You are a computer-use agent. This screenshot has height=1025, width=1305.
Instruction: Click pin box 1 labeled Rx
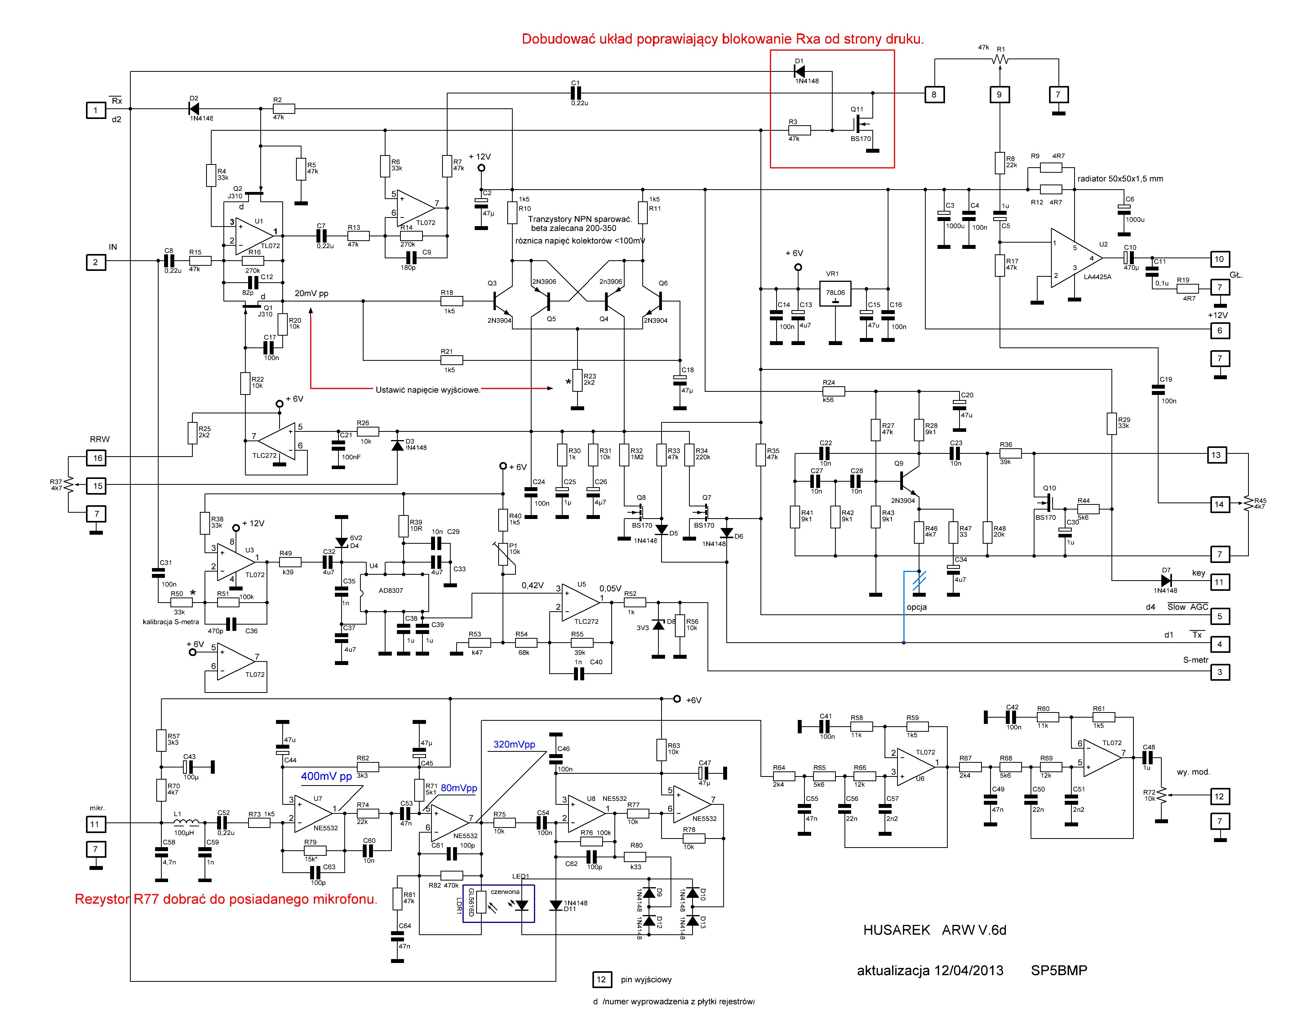click(95, 110)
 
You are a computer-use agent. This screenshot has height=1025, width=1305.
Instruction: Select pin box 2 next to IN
click(95, 262)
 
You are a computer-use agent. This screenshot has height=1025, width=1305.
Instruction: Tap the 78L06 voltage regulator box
click(835, 294)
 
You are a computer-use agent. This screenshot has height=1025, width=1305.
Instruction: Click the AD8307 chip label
click(391, 590)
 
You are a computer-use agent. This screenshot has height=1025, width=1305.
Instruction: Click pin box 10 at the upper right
click(1219, 259)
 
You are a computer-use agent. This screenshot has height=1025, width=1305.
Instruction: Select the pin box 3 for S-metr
click(1219, 672)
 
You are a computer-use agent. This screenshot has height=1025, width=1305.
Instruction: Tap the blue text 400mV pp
click(326, 776)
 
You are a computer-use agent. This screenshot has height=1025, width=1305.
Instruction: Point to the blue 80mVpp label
click(459, 788)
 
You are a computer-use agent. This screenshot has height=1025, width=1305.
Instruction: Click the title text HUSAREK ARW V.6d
click(934, 930)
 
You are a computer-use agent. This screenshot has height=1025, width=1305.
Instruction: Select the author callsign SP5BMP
click(1058, 970)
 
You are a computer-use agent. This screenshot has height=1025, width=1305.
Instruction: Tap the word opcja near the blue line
click(916, 607)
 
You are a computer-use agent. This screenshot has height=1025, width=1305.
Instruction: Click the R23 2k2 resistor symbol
click(577, 380)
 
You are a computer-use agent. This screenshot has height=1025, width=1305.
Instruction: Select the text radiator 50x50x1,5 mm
click(1120, 178)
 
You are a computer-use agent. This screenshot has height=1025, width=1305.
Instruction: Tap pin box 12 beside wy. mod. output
click(1219, 797)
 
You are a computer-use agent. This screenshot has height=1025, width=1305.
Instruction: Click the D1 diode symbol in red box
click(799, 71)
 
